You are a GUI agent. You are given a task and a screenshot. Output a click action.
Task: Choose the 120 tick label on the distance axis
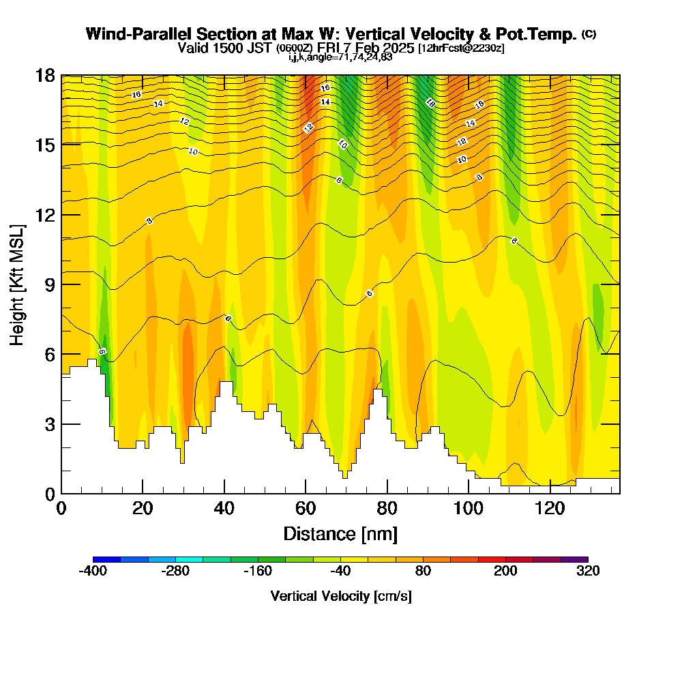point(550,508)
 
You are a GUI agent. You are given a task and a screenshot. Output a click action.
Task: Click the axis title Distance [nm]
point(340,533)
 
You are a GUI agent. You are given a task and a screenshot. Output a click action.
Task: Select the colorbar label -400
point(93,572)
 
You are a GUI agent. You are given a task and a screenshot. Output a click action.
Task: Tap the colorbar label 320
point(587,572)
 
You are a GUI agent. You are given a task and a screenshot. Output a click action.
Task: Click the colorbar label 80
point(423,572)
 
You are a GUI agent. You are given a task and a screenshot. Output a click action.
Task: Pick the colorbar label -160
point(258,572)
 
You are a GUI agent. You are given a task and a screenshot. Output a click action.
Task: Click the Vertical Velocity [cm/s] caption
point(340,596)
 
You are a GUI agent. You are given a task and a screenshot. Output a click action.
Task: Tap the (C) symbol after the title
point(589,34)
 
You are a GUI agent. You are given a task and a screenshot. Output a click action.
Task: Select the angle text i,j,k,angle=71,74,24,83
point(340,57)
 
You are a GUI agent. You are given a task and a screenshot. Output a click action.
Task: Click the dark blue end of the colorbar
point(106,559)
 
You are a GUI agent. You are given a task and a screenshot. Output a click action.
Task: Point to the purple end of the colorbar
point(574,559)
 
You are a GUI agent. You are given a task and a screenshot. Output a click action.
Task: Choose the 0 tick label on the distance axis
point(61,508)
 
